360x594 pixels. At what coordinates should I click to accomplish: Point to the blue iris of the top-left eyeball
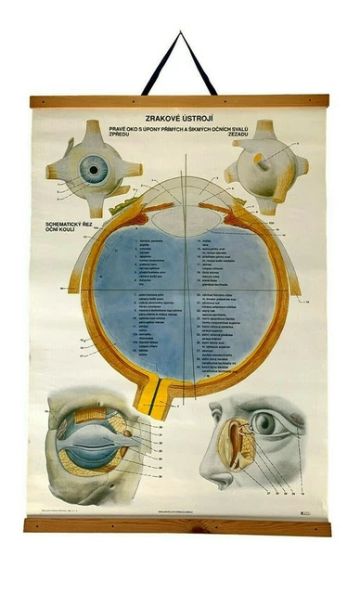[92, 168]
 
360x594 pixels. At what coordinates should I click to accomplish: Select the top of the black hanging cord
[181, 37]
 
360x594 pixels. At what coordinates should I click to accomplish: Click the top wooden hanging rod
[179, 101]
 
